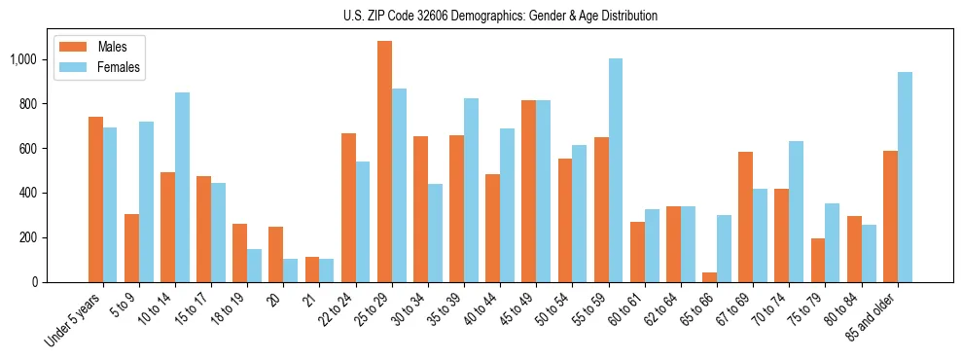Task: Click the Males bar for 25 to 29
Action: click(384, 162)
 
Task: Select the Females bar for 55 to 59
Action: click(616, 170)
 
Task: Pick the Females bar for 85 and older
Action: click(905, 177)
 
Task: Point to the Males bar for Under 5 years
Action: click(95, 199)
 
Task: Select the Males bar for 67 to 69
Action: click(745, 217)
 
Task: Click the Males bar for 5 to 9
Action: click(131, 248)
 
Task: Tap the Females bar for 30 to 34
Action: click(435, 233)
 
